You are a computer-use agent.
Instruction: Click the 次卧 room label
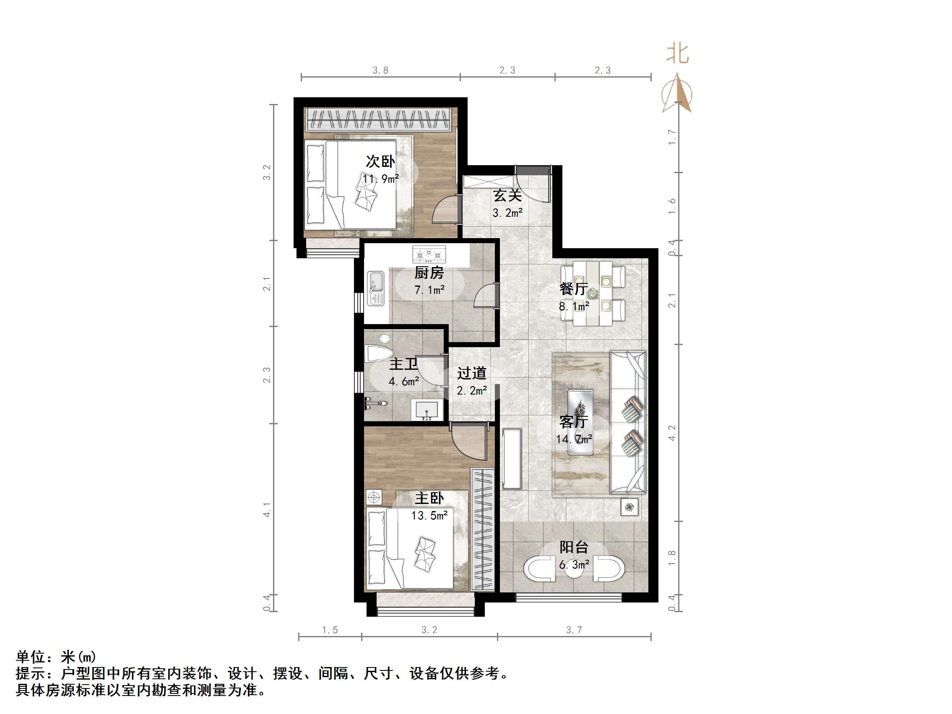point(380,161)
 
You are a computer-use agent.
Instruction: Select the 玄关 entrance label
point(507,195)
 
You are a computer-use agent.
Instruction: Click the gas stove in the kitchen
point(429,254)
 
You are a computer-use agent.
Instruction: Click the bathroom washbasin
point(427,410)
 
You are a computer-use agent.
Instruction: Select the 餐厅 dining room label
point(574,289)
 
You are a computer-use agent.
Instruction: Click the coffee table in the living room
point(580,422)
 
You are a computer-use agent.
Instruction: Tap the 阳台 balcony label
point(574,547)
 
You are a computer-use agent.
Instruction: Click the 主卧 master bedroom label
point(429,499)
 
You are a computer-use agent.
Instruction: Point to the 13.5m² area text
point(429,515)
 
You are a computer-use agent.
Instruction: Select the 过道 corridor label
point(472,373)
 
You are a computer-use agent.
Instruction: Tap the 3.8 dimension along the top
point(380,70)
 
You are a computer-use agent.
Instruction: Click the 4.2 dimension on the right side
point(672,433)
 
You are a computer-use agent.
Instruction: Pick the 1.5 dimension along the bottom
point(330,630)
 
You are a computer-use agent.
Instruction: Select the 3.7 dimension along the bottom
point(574,630)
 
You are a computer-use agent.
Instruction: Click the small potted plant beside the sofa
point(629,507)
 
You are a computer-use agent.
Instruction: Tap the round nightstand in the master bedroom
point(374,498)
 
